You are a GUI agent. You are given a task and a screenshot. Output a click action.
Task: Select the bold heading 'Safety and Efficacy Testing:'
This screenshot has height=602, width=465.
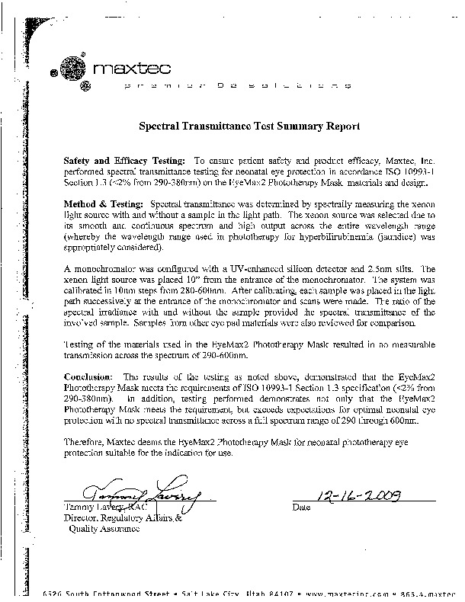123,161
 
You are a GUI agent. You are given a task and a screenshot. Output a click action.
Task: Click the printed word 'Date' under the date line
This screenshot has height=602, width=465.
302,508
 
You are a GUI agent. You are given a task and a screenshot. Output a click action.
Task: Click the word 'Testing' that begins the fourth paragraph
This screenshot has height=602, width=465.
80,344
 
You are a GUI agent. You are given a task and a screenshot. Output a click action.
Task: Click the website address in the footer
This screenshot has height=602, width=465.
358,592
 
